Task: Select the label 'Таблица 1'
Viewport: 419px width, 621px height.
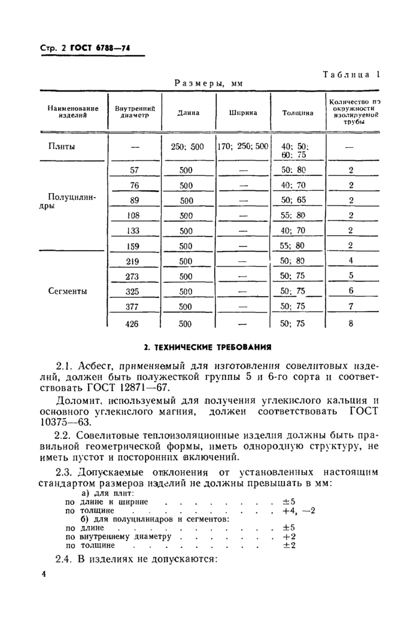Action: (351, 75)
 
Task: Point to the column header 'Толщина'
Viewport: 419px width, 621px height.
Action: (297, 112)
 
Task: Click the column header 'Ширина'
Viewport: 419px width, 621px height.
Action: (243, 112)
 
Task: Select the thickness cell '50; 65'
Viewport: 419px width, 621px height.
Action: (294, 200)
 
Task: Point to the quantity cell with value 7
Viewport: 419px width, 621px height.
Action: (351, 306)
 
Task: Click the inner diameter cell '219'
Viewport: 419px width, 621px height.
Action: (134, 261)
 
